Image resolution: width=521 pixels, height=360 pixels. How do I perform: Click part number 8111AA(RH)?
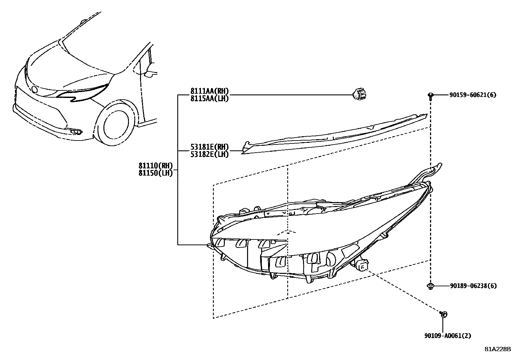[x=209, y=91]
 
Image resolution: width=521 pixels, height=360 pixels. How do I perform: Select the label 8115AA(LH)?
[x=209, y=98]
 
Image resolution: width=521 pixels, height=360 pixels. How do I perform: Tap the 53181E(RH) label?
[x=209, y=147]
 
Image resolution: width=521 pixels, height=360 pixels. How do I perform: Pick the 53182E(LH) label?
[x=209, y=154]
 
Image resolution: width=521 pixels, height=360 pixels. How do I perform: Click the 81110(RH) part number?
[x=155, y=166]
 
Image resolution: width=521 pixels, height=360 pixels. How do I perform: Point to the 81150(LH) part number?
[x=155, y=173]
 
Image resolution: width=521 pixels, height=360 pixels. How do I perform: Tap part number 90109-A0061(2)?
[x=448, y=335]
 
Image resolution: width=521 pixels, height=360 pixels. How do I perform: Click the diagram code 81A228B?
[x=498, y=349]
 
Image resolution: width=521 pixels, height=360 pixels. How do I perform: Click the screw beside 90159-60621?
[x=431, y=96]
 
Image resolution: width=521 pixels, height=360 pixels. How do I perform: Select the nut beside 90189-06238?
[x=431, y=286]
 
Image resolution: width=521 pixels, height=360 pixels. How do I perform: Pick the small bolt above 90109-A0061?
[x=443, y=314]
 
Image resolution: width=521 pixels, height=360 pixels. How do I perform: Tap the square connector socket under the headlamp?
[x=362, y=266]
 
